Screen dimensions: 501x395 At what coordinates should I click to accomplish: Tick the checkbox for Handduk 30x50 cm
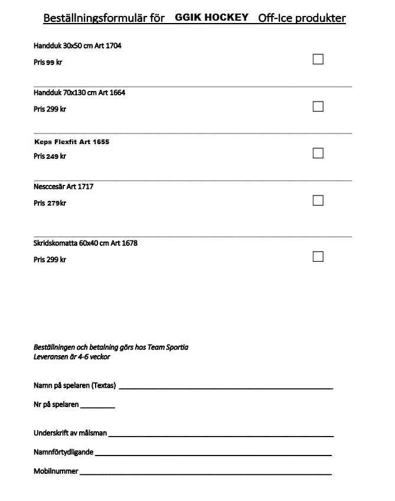318,59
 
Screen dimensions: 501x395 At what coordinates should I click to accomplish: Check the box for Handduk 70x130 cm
318,106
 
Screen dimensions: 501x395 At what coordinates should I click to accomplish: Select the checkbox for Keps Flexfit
318,153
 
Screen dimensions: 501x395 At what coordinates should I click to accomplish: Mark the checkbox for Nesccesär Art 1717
318,200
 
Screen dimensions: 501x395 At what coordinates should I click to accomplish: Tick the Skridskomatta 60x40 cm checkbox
318,256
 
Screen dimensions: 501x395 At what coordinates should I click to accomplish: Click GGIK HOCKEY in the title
211,18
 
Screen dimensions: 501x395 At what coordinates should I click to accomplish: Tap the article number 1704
114,45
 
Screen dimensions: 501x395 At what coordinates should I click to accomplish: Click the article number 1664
117,93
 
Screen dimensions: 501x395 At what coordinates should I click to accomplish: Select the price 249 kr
56,157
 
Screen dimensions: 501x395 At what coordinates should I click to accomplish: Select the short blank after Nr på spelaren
97,407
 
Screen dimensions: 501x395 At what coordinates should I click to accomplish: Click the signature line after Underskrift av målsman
221,435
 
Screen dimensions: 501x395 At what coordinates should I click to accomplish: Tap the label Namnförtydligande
63,453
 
